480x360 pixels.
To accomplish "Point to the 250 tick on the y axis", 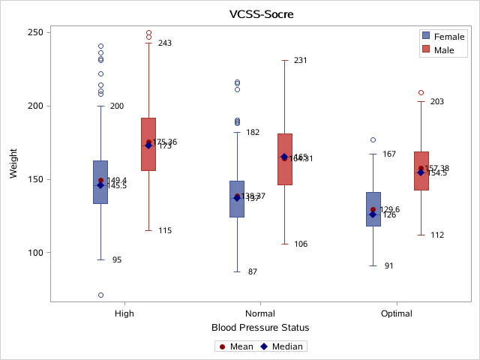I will pos(35,33).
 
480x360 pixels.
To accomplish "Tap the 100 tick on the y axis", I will pos(35,253).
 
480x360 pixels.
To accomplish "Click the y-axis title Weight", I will pos(13,164).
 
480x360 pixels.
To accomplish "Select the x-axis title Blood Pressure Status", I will pos(260,328).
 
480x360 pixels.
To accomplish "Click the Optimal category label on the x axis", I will pos(397,313).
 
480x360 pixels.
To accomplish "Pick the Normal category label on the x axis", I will pos(260,313).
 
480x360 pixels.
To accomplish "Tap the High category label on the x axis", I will pos(124,313).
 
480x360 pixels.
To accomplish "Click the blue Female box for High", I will pos(100,181).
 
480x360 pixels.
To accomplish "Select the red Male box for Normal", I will pos(285,159).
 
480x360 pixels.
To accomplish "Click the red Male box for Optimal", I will pos(421,170).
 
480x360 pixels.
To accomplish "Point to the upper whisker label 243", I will pos(165,43).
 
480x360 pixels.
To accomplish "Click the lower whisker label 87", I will pos(253,271).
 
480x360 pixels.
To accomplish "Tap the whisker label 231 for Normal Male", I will pos(301,60).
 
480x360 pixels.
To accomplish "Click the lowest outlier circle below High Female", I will pos(100,295).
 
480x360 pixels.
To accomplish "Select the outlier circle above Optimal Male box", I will pos(421,93).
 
